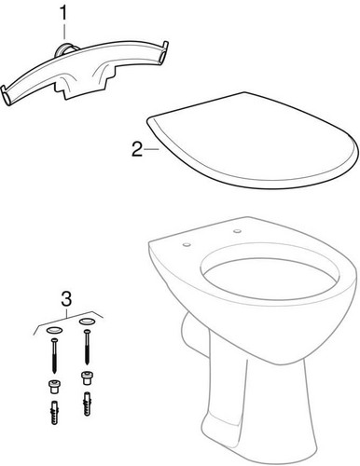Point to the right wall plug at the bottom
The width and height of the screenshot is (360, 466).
pos(89,405)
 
